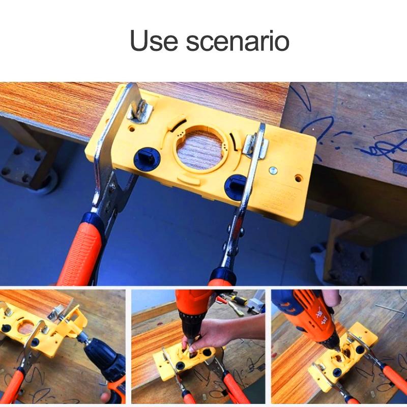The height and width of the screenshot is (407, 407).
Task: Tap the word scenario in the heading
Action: point(237,41)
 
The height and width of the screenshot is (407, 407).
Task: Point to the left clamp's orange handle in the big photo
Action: point(81,249)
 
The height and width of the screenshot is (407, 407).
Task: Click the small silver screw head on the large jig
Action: point(275,171)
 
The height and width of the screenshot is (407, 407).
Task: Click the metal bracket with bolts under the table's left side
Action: point(25,165)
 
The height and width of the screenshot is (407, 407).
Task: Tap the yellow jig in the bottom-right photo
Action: point(346,356)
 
